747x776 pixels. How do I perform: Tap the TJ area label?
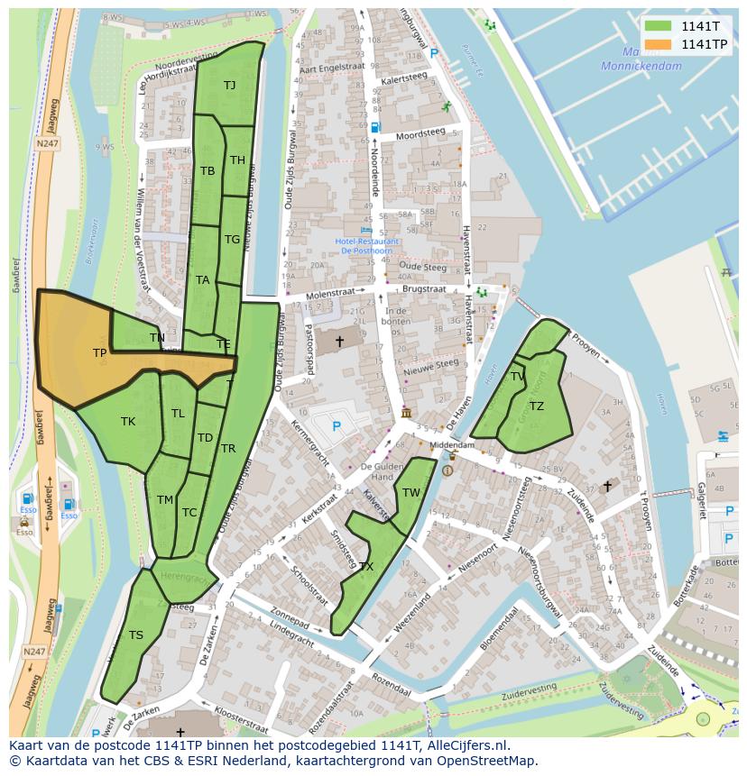coord(229,85)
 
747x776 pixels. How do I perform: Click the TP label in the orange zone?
coord(99,353)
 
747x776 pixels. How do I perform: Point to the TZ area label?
coord(537,406)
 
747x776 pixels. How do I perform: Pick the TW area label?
coord(411,492)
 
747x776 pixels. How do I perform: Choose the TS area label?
coord(135,634)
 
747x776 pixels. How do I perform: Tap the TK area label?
coord(128,421)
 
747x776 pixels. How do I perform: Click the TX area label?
coord(366,566)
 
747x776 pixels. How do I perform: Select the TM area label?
coord(165,499)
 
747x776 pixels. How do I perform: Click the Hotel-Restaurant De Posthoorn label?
coord(369,246)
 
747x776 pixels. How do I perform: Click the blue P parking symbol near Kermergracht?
coord(337,425)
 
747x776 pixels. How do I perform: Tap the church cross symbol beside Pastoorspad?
coord(339,341)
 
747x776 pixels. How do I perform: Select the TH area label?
coord(237,160)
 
